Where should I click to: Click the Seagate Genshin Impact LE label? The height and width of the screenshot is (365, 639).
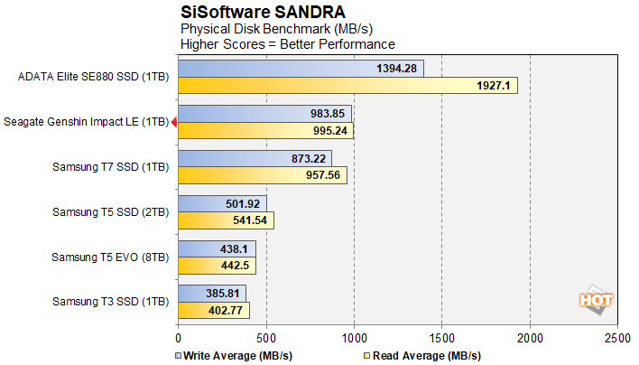[86, 122]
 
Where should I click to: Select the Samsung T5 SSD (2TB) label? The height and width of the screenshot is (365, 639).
[110, 212]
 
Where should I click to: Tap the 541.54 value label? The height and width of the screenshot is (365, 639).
[252, 220]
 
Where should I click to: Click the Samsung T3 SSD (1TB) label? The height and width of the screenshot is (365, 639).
[110, 301]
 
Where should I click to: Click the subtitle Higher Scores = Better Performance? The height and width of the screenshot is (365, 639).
[288, 43]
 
